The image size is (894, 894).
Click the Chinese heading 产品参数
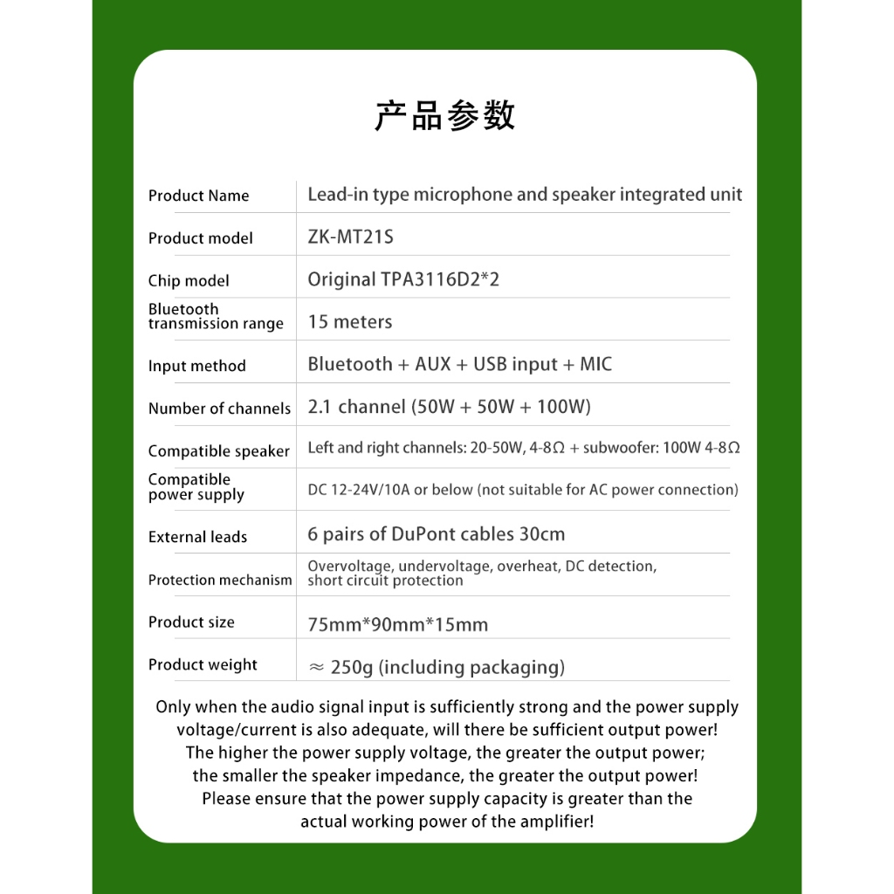pyautogui.click(x=445, y=116)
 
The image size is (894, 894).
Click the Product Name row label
pyautogui.click(x=198, y=196)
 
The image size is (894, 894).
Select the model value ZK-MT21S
pyautogui.click(x=351, y=237)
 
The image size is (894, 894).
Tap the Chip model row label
pyautogui.click(x=189, y=280)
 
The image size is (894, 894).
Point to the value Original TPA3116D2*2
pyautogui.click(x=403, y=279)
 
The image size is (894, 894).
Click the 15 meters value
pyautogui.click(x=350, y=321)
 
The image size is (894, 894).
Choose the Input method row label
pyautogui.click(x=196, y=366)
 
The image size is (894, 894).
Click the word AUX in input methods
pyautogui.click(x=433, y=364)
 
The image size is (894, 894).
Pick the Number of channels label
pyautogui.click(x=219, y=409)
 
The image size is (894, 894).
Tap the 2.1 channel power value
pyautogui.click(x=449, y=407)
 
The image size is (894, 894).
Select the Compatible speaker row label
pyautogui.click(x=218, y=451)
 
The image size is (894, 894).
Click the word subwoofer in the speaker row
pyautogui.click(x=620, y=448)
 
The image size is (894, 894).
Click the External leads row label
pyautogui.click(x=197, y=537)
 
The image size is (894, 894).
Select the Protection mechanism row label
pyautogui.click(x=220, y=580)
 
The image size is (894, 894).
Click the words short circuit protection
pyautogui.click(x=385, y=581)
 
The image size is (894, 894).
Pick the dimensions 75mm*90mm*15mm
pyautogui.click(x=397, y=624)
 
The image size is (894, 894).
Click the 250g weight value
pyautogui.click(x=352, y=668)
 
